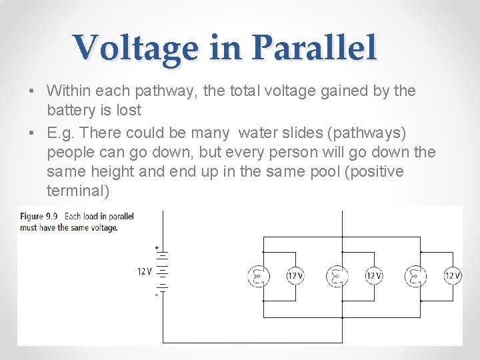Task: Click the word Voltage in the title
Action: pos(137,49)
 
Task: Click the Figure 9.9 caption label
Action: pos(40,216)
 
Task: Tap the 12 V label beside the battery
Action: pos(145,271)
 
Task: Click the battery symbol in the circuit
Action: pos(160,271)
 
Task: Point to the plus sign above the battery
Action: pos(157,248)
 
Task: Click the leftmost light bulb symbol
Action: pos(258,275)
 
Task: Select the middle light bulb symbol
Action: pos(336,275)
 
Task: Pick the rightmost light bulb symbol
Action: pos(415,275)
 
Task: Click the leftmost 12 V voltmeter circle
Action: pos(295,275)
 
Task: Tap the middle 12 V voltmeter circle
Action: pos(374,275)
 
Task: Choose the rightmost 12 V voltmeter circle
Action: pos(453,275)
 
